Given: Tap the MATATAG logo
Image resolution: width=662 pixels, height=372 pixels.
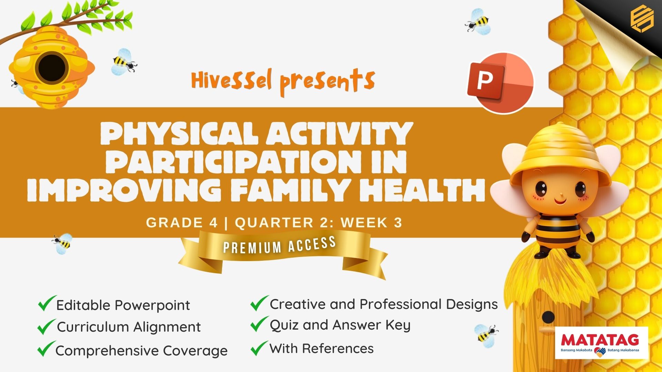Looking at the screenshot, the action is [x=601, y=343].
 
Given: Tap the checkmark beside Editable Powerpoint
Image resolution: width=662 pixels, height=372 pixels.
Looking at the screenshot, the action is [x=47, y=303].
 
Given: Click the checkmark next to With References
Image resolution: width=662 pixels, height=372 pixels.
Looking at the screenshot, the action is [x=259, y=348].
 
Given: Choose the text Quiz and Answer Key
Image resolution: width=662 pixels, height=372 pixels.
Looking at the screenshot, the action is [x=340, y=325].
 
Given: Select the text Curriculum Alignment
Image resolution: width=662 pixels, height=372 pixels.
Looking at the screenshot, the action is [x=129, y=327].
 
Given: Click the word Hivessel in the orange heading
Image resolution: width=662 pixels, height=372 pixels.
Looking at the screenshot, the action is [x=232, y=81].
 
